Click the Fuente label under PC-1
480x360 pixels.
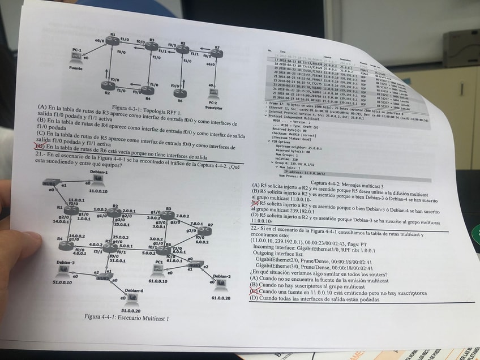click(75, 68)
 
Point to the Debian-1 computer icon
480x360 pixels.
click(97, 179)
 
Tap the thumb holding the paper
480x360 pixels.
click(17, 249)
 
